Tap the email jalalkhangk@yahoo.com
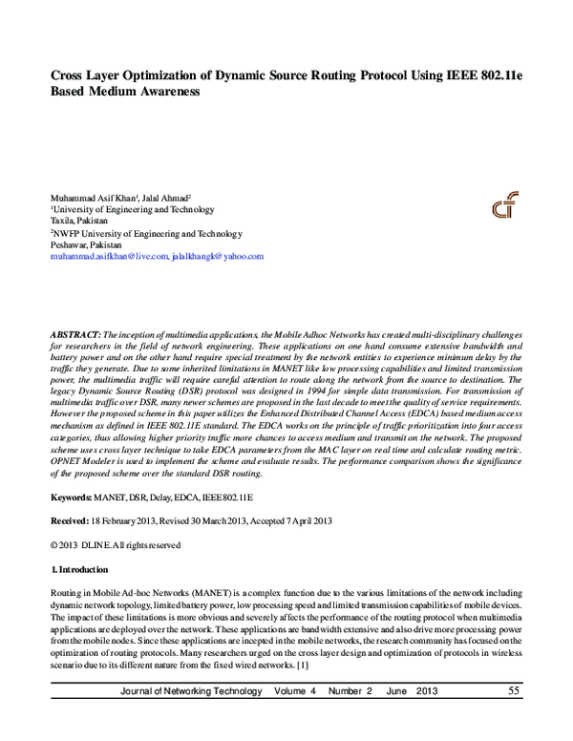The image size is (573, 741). click(x=217, y=256)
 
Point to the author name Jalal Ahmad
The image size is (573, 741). click(x=163, y=198)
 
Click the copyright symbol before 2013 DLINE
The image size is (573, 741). click(x=53, y=545)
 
